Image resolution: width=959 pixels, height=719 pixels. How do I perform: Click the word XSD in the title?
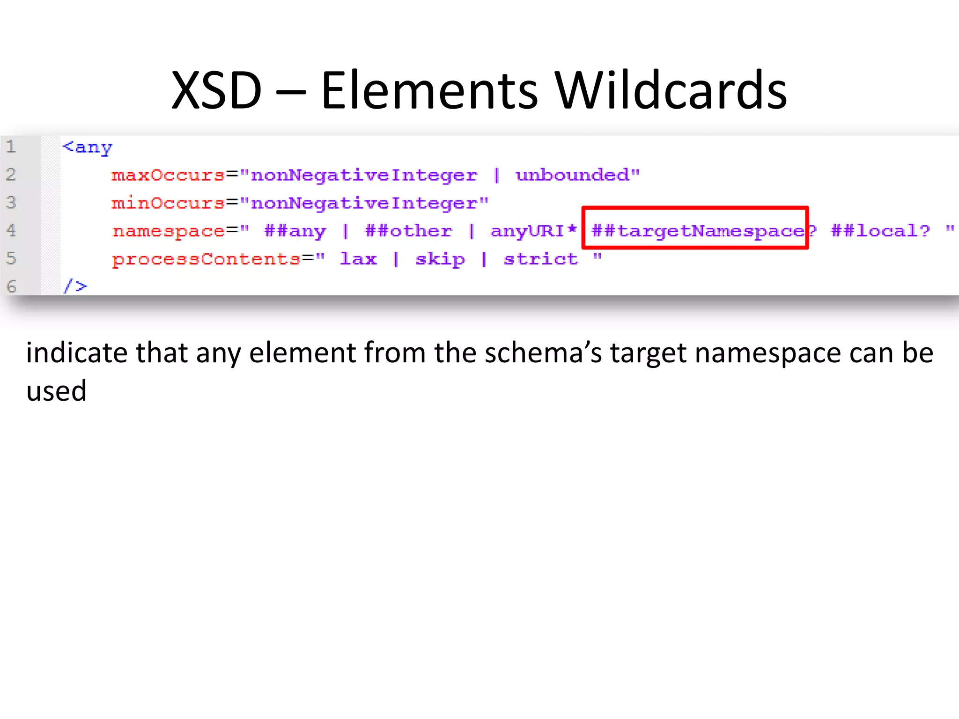(216, 90)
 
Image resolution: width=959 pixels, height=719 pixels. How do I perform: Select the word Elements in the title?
(429, 90)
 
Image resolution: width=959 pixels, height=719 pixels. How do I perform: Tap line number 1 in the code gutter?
(11, 147)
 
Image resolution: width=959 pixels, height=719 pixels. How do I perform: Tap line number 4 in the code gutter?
(11, 230)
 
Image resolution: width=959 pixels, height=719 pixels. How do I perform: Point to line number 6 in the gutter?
(11, 286)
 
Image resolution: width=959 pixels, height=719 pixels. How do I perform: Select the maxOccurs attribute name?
(168, 175)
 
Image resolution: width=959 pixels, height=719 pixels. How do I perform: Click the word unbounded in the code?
(572, 175)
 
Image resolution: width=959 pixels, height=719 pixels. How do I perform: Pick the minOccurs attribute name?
(168, 203)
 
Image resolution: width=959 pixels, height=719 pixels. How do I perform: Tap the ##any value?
(295, 231)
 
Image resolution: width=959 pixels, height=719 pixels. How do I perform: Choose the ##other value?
(408, 231)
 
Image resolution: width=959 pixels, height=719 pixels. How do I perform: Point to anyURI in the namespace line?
(527, 231)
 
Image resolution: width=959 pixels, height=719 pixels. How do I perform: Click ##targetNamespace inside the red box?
(698, 231)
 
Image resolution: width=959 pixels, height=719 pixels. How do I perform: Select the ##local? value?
(880, 231)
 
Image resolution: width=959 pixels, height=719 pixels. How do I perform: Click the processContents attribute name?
(206, 259)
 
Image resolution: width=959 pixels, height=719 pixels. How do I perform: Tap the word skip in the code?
(440, 259)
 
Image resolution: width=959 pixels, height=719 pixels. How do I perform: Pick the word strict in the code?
(541, 259)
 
